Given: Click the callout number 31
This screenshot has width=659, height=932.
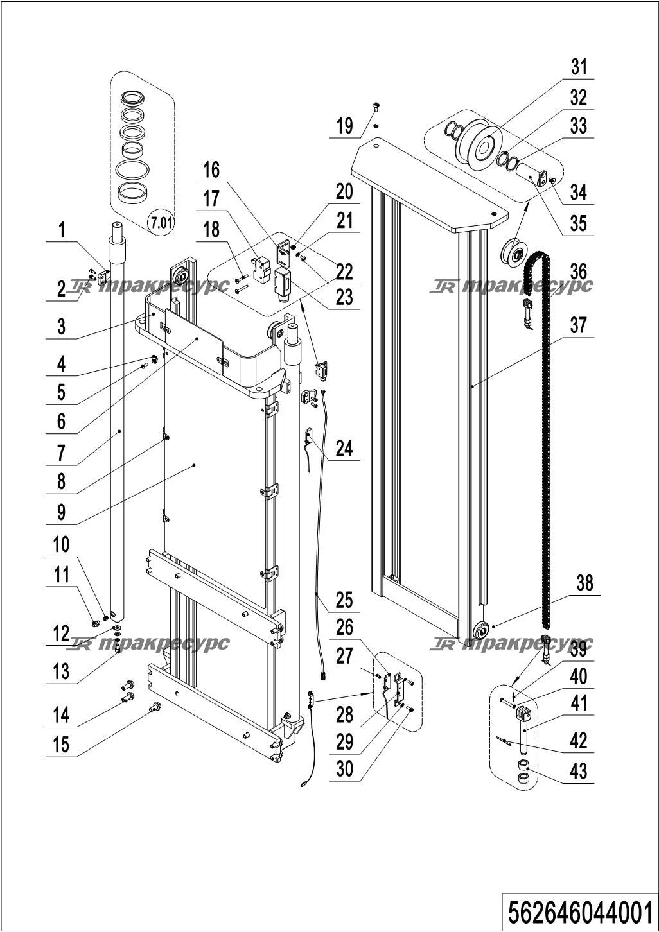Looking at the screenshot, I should pyautogui.click(x=579, y=67).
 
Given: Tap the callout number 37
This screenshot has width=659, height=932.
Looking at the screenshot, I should pyautogui.click(x=579, y=325).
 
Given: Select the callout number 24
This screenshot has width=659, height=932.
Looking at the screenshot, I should pyautogui.click(x=344, y=448).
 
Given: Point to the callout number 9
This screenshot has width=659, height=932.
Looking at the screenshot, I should pyautogui.click(x=61, y=512).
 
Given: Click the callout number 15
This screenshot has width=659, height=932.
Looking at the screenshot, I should pyautogui.click(x=61, y=745).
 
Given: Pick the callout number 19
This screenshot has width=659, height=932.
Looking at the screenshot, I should pyautogui.click(x=344, y=126).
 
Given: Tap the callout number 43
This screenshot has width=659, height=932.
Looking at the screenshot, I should pyautogui.click(x=579, y=770).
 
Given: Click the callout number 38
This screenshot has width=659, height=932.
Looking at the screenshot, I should pyautogui.click(x=584, y=583).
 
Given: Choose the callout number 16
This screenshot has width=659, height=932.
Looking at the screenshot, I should pyautogui.click(x=211, y=170).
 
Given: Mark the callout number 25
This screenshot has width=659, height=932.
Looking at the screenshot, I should pyautogui.click(x=344, y=600).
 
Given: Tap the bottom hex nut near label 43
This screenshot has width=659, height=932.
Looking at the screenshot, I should pyautogui.click(x=523, y=778).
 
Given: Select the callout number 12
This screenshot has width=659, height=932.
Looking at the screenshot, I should pyautogui.click(x=61, y=634).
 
